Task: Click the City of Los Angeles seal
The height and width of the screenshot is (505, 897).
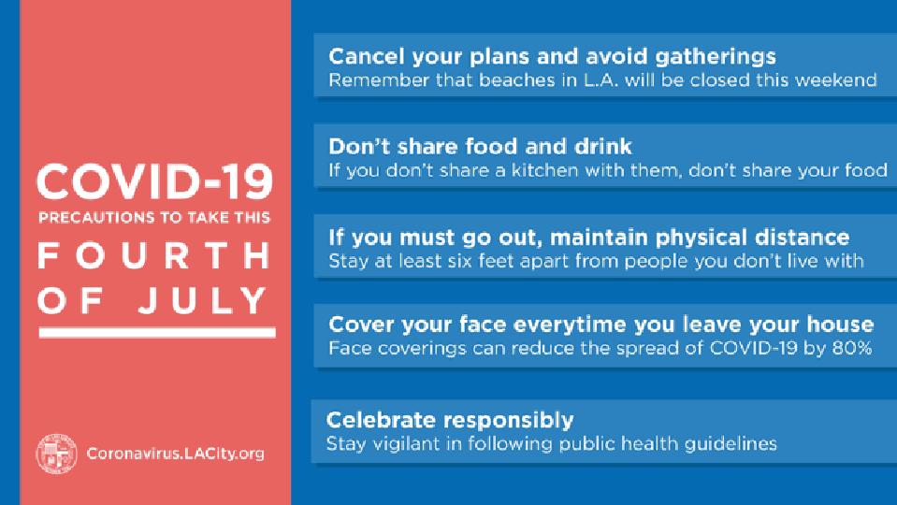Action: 56,454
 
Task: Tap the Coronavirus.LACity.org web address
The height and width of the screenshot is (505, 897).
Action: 176,454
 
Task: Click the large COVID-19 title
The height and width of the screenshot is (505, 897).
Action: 154,181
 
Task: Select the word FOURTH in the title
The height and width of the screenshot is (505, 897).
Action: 154,255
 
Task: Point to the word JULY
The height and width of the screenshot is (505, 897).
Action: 203,300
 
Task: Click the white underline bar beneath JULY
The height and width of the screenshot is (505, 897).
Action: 157,332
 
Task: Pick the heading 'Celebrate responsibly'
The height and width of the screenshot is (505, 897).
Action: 450,420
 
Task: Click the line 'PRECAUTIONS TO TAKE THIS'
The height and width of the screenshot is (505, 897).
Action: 154,217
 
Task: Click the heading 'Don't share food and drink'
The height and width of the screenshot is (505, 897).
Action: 480,147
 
